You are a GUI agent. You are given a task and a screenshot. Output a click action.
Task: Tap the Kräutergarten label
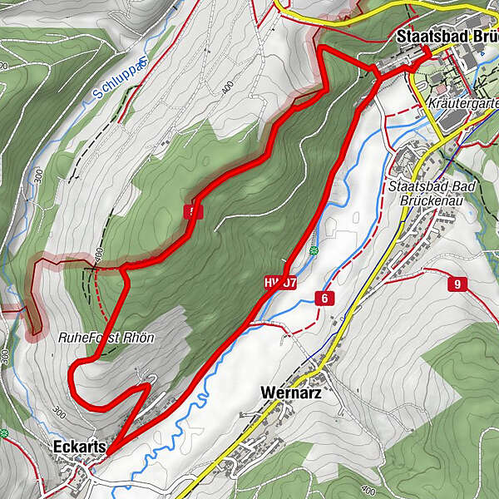[462, 104]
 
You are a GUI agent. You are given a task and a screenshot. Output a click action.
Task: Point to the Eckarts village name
[79, 447]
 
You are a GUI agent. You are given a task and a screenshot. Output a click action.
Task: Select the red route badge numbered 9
[456, 284]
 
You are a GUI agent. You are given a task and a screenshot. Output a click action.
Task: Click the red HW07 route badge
[281, 283]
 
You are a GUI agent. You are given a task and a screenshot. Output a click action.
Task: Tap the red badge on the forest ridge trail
[193, 212]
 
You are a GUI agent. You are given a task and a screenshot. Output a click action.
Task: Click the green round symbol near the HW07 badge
[314, 250]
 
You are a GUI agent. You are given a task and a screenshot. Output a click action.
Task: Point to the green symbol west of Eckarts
[4, 433]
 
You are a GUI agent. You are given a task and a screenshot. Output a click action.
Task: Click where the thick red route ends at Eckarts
[106, 451]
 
